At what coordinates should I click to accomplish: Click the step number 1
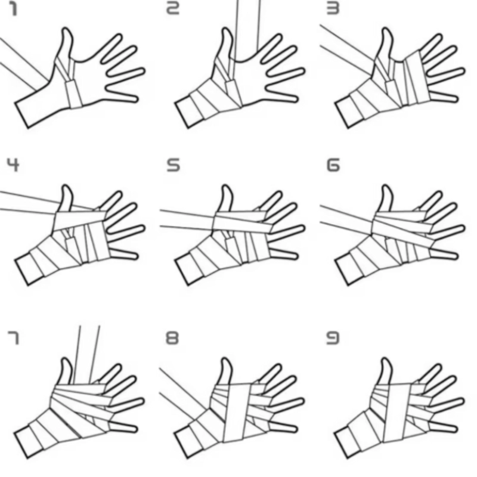coord(13,9)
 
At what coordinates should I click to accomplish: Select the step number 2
coord(172,9)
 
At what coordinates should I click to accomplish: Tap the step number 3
coord(333,9)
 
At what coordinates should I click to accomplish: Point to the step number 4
coord(13,165)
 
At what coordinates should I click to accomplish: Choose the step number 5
coord(173,165)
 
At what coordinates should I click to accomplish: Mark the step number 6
coord(333,165)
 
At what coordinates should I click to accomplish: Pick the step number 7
coord(13,338)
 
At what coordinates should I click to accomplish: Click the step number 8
coord(172,338)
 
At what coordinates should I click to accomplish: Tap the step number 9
coord(333,338)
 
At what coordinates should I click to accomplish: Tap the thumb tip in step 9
coord(386,360)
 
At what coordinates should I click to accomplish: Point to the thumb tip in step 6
coord(386,186)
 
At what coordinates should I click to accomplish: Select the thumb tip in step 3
coord(386,29)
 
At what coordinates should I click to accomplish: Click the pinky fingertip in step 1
coord(136,99)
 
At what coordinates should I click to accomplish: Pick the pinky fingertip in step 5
coord(295,256)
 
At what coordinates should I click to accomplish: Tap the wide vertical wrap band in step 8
coord(237,413)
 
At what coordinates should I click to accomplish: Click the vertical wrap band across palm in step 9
coord(397,413)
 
